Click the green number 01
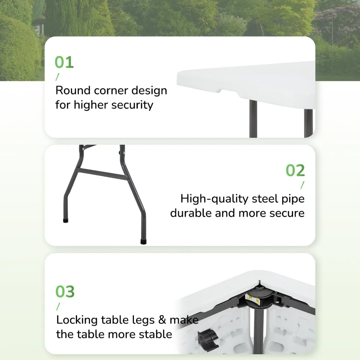64,62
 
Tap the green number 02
295,170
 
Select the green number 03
65,292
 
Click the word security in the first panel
132,105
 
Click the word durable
191,213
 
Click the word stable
155,334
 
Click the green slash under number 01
57,77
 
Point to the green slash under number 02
302,185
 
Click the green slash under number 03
58,306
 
